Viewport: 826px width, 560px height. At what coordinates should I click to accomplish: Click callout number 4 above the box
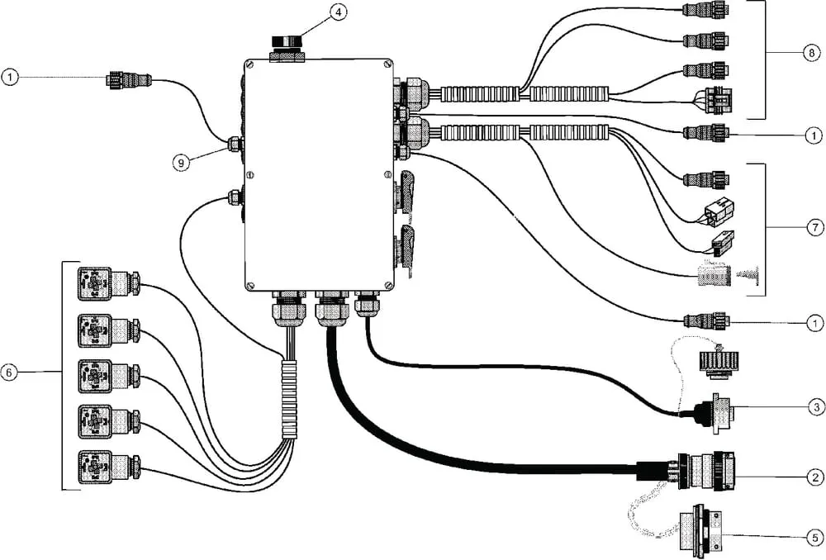(x=338, y=12)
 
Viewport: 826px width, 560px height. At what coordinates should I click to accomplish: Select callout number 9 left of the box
(x=181, y=163)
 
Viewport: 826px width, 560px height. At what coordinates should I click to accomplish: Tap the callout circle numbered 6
(x=9, y=373)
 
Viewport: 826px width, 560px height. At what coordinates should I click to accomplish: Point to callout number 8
(x=811, y=53)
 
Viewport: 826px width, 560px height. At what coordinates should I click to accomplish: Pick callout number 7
(x=815, y=228)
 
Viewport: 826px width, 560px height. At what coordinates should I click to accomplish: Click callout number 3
(x=817, y=406)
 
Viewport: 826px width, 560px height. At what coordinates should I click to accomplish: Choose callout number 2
(x=815, y=477)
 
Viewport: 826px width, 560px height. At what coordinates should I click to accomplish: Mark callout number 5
(x=815, y=538)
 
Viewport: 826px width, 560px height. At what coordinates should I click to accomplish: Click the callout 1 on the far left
(x=10, y=78)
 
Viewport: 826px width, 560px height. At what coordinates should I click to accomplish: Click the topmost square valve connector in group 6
(x=108, y=284)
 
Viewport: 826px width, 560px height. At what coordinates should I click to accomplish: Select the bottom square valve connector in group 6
(x=108, y=467)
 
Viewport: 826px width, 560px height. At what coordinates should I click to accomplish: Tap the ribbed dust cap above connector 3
(x=719, y=363)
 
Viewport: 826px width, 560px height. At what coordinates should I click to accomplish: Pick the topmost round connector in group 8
(x=706, y=9)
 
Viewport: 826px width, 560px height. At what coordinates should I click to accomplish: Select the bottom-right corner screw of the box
(x=389, y=285)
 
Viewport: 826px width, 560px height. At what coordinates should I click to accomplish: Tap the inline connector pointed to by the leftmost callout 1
(x=131, y=81)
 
